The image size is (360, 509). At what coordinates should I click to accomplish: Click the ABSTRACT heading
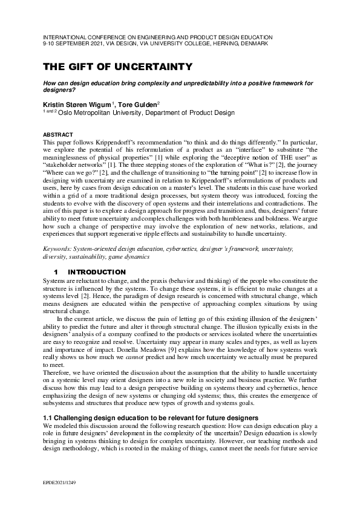58,134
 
